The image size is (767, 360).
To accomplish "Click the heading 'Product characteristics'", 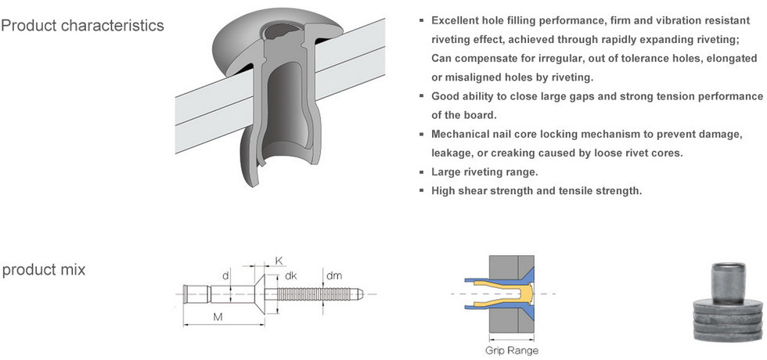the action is (x=82, y=25).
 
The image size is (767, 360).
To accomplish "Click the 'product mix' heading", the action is (x=44, y=269).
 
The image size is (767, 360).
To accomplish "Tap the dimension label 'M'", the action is (x=218, y=317).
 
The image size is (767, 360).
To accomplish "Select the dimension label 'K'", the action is (x=279, y=260).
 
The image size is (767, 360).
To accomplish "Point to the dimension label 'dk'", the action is (x=290, y=275).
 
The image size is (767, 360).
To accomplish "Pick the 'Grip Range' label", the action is (x=512, y=351).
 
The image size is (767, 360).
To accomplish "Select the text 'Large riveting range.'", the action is (x=484, y=172).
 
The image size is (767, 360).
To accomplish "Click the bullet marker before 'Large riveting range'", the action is (x=421, y=172).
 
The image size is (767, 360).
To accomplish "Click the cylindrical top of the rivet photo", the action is (x=729, y=283).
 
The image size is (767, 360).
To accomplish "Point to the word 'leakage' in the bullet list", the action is (x=450, y=153).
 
